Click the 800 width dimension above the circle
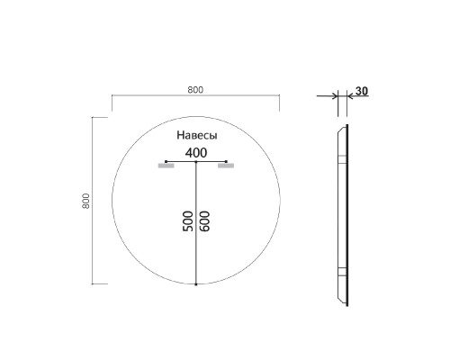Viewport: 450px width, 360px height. coord(195,88)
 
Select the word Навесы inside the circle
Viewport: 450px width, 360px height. coord(195,134)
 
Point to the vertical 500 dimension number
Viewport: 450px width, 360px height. coord(187,223)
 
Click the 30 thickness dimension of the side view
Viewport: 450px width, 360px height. coord(362,91)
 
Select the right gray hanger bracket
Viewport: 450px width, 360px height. coord(226,167)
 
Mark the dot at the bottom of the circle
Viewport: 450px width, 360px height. coord(195,284)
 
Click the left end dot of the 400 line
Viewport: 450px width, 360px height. coord(166,162)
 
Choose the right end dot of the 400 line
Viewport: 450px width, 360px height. coord(226,162)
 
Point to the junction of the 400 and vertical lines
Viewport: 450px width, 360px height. coord(195,162)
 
